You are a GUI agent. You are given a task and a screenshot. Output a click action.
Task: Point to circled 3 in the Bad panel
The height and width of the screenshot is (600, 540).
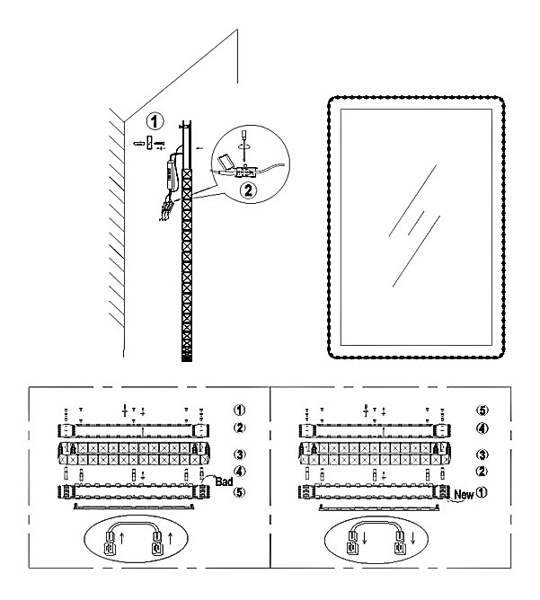coord(238,454)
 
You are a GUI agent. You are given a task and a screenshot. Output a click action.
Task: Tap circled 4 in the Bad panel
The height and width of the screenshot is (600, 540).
coord(238,472)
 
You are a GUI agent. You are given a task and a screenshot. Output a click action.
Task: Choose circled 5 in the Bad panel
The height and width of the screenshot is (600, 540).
coord(238,491)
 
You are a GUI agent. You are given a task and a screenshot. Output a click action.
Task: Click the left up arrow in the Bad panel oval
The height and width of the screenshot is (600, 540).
coord(123,542)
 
